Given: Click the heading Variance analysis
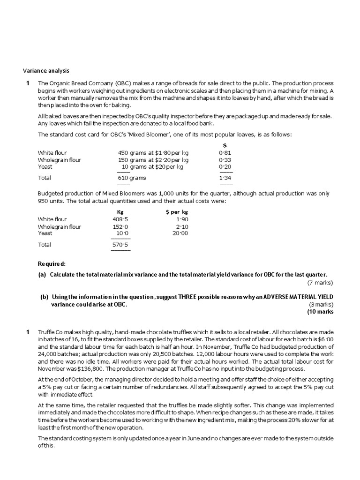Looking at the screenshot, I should (46, 71).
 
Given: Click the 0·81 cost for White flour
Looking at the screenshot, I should (225, 153).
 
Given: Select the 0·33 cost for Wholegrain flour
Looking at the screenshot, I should (225, 160).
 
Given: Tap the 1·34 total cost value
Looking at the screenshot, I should (225, 178).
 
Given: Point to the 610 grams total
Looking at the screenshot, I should (132, 178).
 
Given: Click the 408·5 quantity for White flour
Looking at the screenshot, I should (120, 219).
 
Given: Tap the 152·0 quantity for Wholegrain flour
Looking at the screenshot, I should (120, 227).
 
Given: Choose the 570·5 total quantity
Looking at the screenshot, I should (120, 245).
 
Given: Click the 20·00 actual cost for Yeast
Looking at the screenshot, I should (180, 233).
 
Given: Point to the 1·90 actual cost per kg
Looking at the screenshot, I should (182, 219).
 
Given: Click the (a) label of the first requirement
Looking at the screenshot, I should (43, 274).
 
